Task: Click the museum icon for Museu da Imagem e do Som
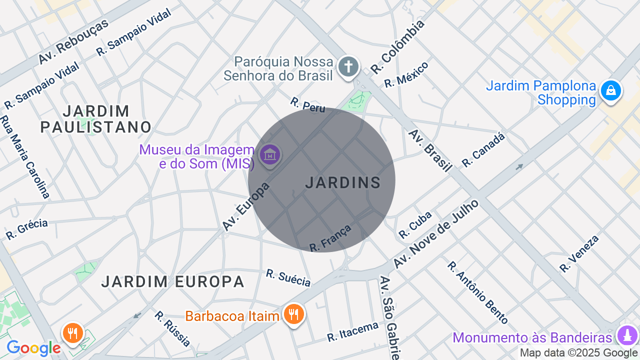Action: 270,155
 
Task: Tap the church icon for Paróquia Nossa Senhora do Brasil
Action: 348,67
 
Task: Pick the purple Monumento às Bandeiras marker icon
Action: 627,335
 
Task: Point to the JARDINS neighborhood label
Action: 343,183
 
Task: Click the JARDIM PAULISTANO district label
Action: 95,119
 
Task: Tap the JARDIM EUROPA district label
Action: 172,282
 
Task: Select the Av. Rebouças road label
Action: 73,42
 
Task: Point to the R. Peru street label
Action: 307,105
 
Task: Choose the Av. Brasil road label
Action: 430,150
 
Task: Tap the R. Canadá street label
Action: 483,149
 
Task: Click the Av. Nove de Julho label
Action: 435,234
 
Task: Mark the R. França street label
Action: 330,238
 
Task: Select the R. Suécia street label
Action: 288,278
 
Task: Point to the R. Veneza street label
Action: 579,254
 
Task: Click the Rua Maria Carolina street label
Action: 24,156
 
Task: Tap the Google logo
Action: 33,348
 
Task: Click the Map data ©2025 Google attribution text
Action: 579,353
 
